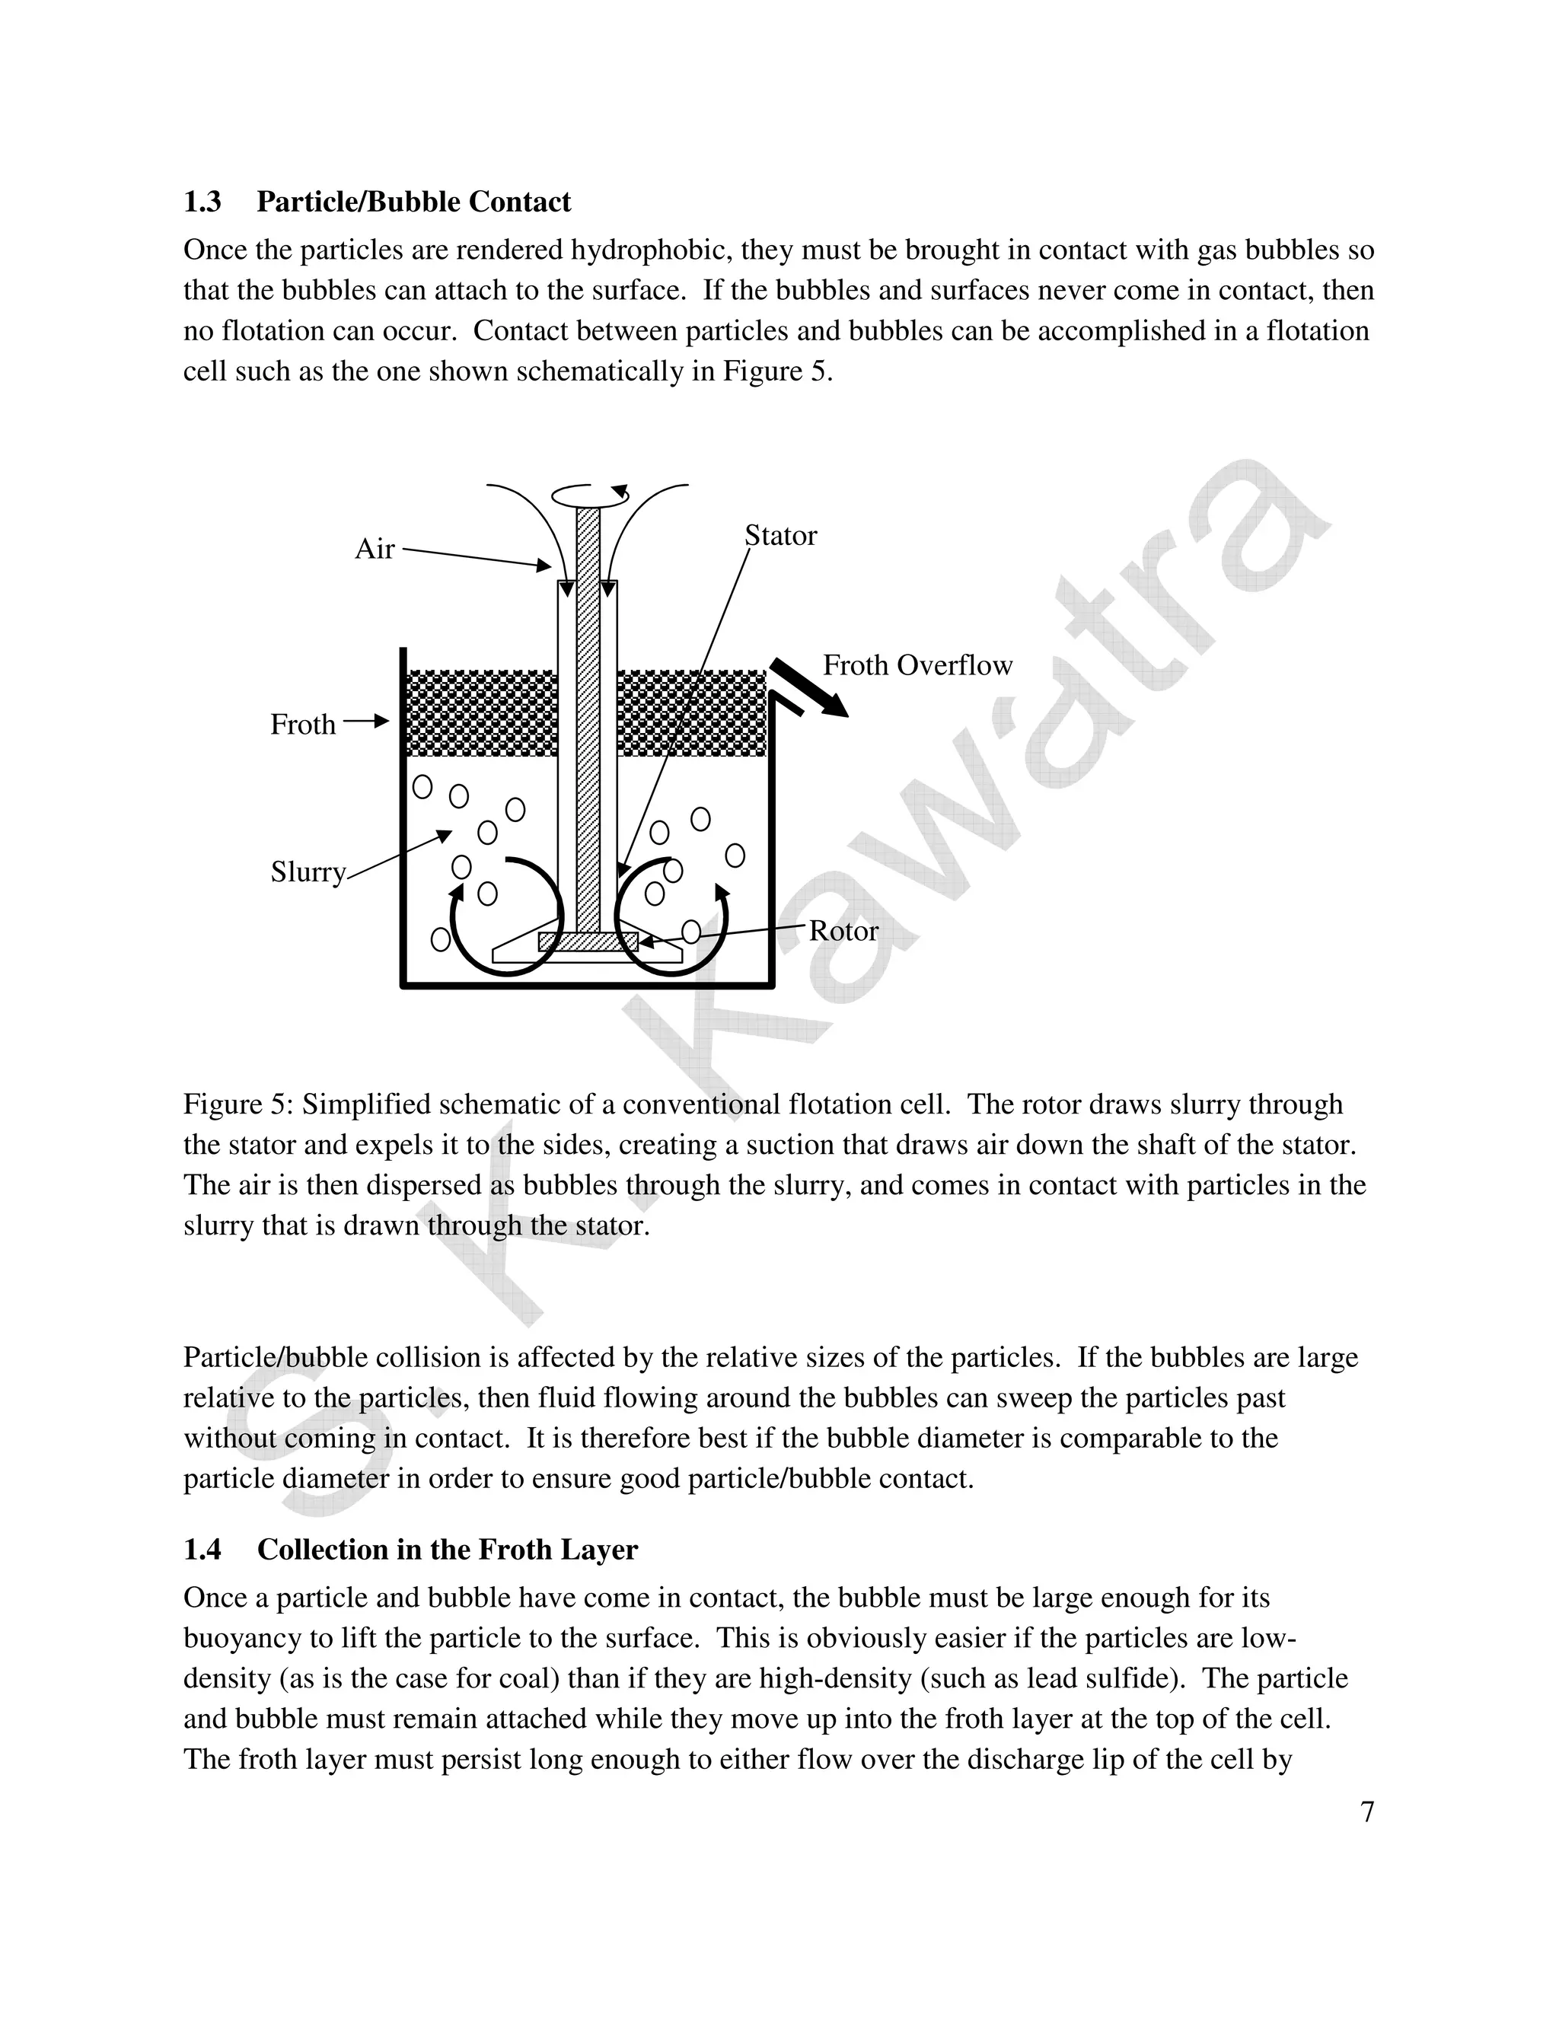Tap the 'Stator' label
coord(780,536)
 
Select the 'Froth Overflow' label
coord(917,665)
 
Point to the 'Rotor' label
coord(843,931)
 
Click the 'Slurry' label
coord(308,871)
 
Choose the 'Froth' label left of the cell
coord(302,724)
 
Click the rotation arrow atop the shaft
coord(591,494)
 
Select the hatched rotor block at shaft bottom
coord(588,941)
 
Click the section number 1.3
coord(202,202)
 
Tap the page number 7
coord(1367,1812)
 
